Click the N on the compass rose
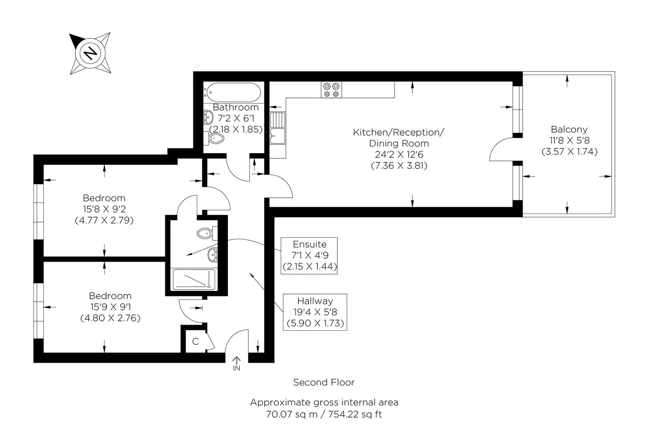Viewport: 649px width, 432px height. [x=91, y=52]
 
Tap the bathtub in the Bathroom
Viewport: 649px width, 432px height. [x=233, y=92]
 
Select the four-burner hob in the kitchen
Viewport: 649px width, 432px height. [x=332, y=90]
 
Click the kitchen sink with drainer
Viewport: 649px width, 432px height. [x=277, y=128]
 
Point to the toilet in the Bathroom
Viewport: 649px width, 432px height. [x=216, y=139]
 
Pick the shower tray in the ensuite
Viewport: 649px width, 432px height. [x=193, y=279]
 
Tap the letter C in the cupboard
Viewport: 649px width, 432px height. [x=196, y=342]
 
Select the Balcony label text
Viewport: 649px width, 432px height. [x=569, y=129]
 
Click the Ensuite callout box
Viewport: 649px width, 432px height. [x=309, y=256]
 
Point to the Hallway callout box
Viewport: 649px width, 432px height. [x=315, y=312]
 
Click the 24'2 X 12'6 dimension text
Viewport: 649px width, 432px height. [x=399, y=154]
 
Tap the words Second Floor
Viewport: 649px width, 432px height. [x=324, y=382]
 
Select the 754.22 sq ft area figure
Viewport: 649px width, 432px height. [x=355, y=414]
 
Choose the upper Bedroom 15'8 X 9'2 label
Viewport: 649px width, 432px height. [x=104, y=209]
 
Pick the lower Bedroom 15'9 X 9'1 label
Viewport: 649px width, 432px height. [x=110, y=307]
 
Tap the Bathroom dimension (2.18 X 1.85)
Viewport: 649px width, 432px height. [x=236, y=129]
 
